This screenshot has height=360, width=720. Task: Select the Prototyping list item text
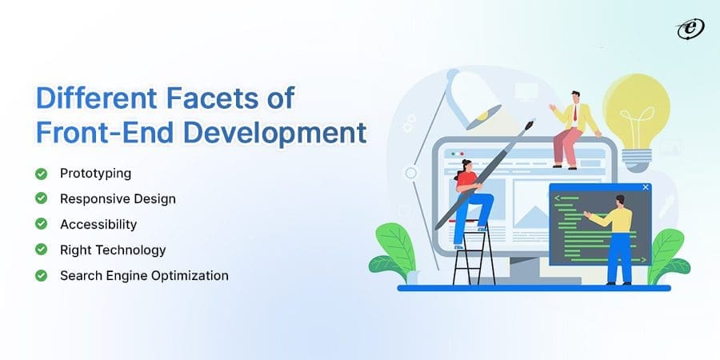pos(95,174)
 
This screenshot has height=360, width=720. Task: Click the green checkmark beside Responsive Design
pos(41,198)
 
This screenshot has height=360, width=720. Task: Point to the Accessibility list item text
pos(98,224)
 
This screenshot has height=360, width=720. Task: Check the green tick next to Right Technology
pos(41,250)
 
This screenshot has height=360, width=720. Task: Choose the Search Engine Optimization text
pos(144,275)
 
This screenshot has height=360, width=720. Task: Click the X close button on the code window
pos(646,188)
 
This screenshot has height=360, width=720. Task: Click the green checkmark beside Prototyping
pos(41,174)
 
